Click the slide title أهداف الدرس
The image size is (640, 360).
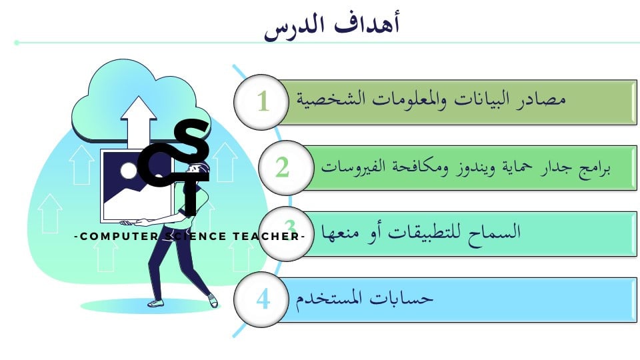point(331,25)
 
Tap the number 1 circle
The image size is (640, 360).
point(261,101)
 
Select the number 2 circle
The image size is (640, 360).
point(286,168)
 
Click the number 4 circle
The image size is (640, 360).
point(261,299)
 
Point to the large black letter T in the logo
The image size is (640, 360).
point(189,195)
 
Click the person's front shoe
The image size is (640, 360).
point(155,303)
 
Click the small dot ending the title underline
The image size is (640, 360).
point(17,43)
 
